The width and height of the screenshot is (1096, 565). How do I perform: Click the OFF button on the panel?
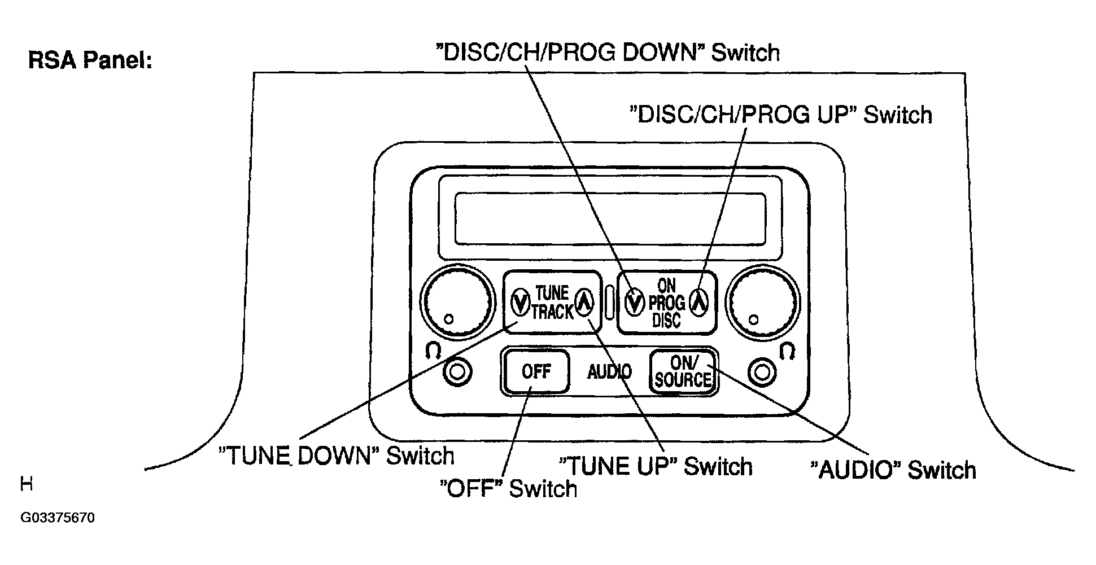tap(536, 371)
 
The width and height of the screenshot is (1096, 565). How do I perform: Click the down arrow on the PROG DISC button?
tap(635, 302)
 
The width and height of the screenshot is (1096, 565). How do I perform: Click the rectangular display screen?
tap(610, 217)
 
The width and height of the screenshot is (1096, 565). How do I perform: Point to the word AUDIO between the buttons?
tap(609, 372)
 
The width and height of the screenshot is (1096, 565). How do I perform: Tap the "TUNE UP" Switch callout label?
tap(655, 467)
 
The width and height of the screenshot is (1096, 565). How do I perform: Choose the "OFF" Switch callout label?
tap(509, 489)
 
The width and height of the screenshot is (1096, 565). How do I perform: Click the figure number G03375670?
tap(58, 518)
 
